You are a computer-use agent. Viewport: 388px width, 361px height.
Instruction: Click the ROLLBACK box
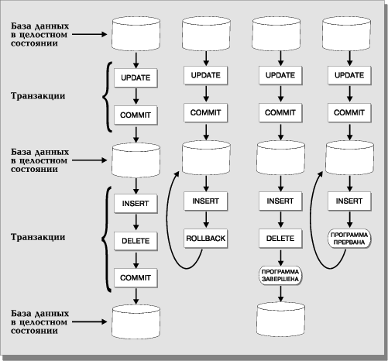pos(206,239)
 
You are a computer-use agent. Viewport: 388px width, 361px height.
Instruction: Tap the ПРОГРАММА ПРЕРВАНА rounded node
pos(349,239)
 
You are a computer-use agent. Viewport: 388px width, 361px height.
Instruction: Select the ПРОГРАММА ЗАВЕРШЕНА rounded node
pos(280,276)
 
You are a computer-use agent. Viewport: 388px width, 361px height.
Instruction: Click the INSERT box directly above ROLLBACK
pos(206,201)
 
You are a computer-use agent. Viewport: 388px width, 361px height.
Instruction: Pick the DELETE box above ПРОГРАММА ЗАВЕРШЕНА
pos(280,239)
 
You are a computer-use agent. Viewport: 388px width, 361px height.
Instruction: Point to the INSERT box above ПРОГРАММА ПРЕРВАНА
pos(349,201)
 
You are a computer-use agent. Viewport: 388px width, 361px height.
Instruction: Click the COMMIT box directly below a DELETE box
pos(136,278)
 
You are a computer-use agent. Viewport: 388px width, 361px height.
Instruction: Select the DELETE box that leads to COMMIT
pos(136,241)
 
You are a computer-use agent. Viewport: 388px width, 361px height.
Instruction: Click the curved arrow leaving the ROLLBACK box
pos(168,232)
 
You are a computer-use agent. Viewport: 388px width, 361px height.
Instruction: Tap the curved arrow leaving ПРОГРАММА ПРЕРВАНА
pos(311,232)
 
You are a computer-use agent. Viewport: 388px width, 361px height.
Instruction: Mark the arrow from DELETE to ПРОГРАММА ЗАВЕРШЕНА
pos(280,257)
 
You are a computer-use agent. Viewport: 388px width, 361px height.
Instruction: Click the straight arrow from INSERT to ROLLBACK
pos(206,220)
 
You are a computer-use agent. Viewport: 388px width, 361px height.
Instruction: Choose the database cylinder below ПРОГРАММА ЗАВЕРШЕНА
pos(281,319)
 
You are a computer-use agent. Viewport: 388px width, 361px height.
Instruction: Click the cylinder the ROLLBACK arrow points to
pos(206,157)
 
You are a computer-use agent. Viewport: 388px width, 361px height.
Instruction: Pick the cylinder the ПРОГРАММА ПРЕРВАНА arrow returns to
pos(349,157)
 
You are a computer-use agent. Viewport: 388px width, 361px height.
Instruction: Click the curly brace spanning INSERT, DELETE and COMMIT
pos(105,239)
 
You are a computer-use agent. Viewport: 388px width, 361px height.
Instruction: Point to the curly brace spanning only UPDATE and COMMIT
pos(106,97)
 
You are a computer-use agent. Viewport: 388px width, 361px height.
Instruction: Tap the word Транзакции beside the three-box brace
pos(38,237)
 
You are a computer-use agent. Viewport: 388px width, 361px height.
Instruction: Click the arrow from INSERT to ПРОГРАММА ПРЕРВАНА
pos(350,220)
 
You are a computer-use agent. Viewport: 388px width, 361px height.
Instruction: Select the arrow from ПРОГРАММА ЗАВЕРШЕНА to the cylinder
pos(280,294)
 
